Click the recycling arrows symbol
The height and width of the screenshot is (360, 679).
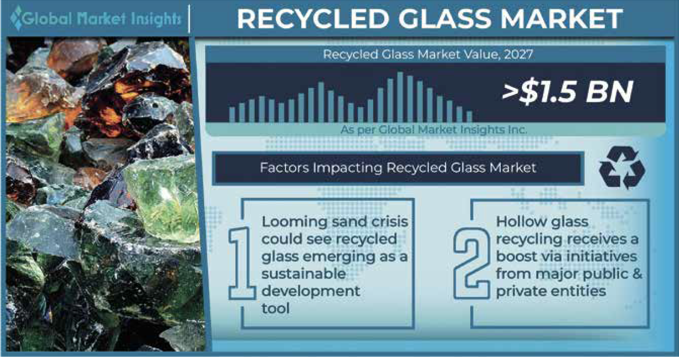622,167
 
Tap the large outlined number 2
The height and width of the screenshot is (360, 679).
472,263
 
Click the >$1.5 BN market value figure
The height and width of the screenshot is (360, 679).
568,92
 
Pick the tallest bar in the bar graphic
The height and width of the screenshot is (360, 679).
400,97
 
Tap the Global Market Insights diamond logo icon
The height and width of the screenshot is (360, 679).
17,18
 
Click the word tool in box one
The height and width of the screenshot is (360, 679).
275,308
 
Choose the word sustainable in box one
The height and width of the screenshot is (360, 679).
304,274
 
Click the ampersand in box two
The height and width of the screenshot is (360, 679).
637,273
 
